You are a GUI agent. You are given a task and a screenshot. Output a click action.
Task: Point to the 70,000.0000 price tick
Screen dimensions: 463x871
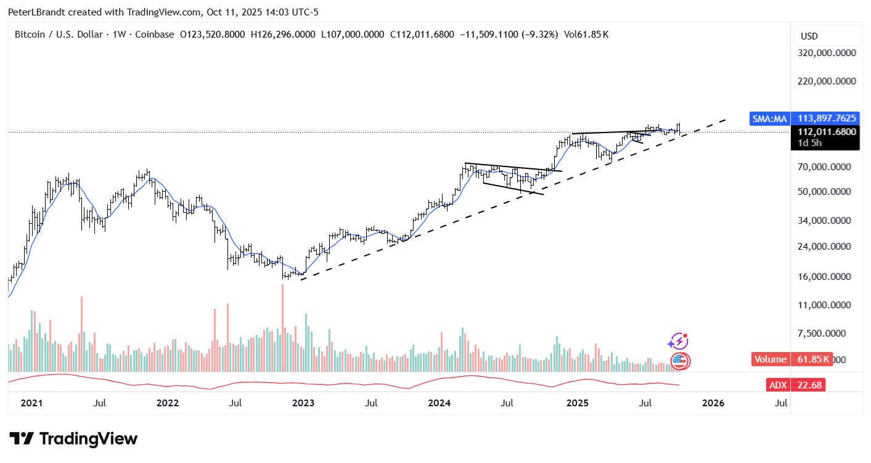[827, 167]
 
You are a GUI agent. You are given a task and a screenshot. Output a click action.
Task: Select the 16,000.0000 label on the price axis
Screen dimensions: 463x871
[827, 277]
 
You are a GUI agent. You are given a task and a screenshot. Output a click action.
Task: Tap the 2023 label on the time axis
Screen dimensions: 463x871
[303, 403]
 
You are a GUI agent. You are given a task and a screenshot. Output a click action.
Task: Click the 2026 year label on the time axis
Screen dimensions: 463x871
[713, 403]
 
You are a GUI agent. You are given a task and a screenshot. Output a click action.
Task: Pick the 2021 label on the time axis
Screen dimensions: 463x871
[31, 403]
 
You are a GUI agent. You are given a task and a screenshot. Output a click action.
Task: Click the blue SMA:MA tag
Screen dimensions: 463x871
[768, 118]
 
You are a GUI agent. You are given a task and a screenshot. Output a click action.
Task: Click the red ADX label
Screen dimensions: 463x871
[778, 385]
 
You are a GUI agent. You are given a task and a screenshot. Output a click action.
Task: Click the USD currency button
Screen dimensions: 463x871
[809, 36]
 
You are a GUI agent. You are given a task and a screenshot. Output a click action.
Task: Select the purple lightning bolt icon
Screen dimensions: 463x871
[677, 341]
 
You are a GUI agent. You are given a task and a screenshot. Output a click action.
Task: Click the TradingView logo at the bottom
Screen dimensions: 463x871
[74, 439]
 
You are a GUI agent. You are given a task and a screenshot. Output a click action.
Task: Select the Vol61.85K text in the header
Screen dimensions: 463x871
[588, 35]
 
